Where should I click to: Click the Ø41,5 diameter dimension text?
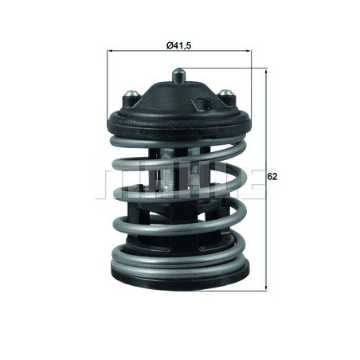pos(178,45)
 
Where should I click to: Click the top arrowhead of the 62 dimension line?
pos(265,72)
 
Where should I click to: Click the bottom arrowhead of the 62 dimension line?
pos(265,282)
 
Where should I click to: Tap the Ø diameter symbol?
pos(169,45)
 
